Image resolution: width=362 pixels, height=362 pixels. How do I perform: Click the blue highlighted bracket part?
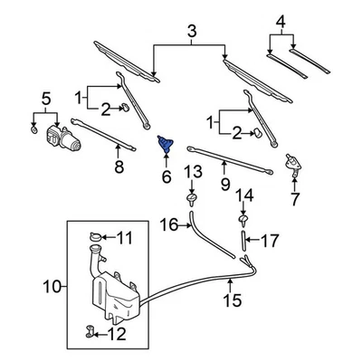pyautogui.click(x=167, y=146)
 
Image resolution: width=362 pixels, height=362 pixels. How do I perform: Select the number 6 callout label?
pyautogui.click(x=167, y=177)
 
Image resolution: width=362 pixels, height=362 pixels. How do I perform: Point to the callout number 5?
pyautogui.click(x=46, y=99)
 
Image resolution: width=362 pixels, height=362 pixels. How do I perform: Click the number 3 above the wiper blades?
pyautogui.click(x=191, y=33)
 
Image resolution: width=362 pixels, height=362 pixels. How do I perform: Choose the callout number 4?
pyautogui.click(x=281, y=21)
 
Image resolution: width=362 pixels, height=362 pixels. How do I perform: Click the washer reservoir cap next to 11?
pyautogui.click(x=96, y=239)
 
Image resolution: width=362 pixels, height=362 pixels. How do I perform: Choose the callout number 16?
pyautogui.click(x=167, y=224)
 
